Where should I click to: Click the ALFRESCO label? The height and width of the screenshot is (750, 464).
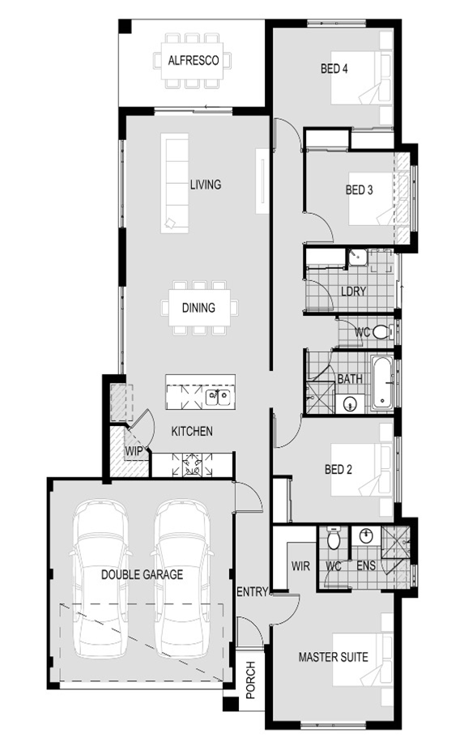click(194, 60)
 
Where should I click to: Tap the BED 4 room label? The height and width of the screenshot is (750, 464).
click(334, 68)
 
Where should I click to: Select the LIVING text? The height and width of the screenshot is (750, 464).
click(206, 184)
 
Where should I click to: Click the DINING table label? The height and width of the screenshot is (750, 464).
click(198, 308)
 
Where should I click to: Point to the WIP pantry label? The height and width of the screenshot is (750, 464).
click(134, 451)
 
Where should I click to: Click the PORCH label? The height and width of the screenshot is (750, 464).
click(251, 680)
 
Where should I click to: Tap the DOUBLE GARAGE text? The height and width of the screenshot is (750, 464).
click(142, 574)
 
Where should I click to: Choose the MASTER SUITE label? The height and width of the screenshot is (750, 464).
click(334, 657)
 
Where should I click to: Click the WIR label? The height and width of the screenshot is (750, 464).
click(300, 566)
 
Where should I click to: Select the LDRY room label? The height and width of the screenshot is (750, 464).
click(354, 291)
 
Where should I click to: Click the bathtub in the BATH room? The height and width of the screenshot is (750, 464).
click(383, 382)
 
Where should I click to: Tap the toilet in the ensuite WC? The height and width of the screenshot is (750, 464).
click(334, 538)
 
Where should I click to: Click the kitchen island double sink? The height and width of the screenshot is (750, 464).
click(218, 397)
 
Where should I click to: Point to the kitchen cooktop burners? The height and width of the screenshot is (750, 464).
click(192, 464)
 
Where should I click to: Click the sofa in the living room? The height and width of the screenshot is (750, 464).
click(174, 183)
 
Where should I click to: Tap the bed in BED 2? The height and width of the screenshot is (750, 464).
click(363, 469)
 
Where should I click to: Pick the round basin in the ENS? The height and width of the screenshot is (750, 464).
click(366, 536)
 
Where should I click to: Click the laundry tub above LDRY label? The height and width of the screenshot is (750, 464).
click(356, 258)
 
